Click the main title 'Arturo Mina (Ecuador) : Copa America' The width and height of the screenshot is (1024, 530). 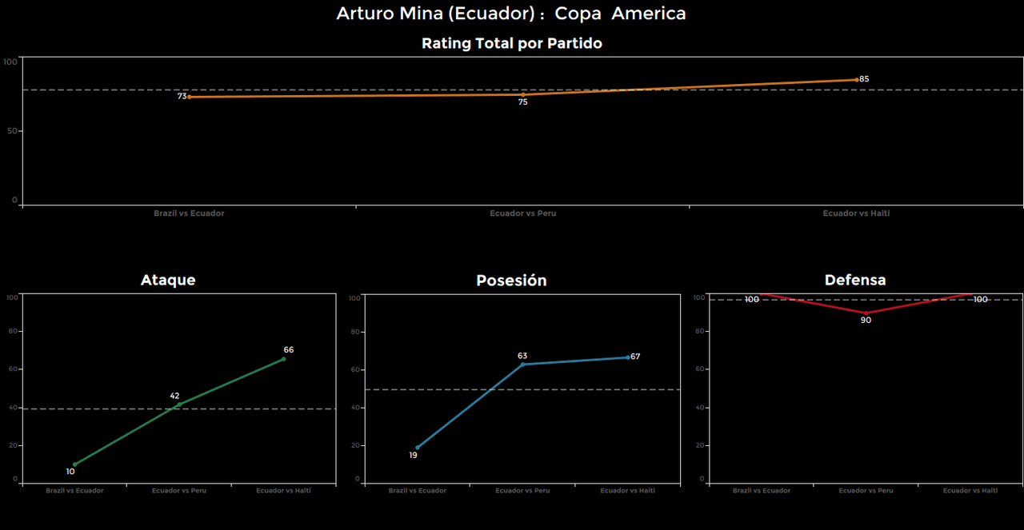point(511,14)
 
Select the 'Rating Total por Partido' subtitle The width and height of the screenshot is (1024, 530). point(511,43)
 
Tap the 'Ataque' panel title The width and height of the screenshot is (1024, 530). point(168,280)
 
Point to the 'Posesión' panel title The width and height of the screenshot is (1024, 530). point(511,281)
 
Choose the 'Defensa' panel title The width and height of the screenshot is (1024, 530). point(855,280)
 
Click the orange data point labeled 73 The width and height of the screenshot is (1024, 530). point(190,97)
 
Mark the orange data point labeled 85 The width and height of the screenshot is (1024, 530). point(856,80)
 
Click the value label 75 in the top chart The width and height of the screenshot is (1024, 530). point(522,102)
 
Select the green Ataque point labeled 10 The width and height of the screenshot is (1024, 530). point(75,464)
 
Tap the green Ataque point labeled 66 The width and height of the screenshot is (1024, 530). point(283,359)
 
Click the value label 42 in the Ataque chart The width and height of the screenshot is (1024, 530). point(174,396)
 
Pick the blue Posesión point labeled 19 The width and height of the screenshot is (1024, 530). point(418,448)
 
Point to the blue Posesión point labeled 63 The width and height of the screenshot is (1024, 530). point(522,365)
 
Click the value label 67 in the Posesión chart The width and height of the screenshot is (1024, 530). point(635,357)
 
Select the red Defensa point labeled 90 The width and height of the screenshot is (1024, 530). point(866,313)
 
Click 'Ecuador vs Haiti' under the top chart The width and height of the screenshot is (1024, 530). point(856,213)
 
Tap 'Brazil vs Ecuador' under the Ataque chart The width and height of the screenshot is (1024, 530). point(74,490)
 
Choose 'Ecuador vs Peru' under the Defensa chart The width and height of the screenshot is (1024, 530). point(866,490)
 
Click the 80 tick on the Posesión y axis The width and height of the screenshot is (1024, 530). point(354,332)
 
